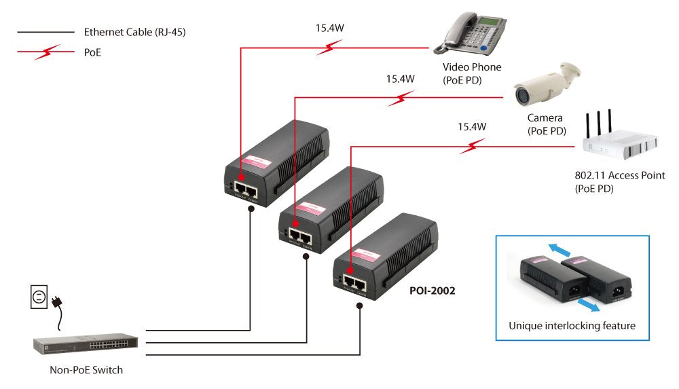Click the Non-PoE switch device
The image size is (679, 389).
point(86,344)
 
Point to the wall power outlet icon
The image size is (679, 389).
point(39,296)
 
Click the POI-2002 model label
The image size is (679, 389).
point(432,290)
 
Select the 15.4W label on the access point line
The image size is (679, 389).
point(472,126)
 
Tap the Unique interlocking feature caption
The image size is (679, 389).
point(572,326)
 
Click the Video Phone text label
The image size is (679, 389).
point(472,67)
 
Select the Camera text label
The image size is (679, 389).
point(545,118)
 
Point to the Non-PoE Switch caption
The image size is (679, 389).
point(86,370)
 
